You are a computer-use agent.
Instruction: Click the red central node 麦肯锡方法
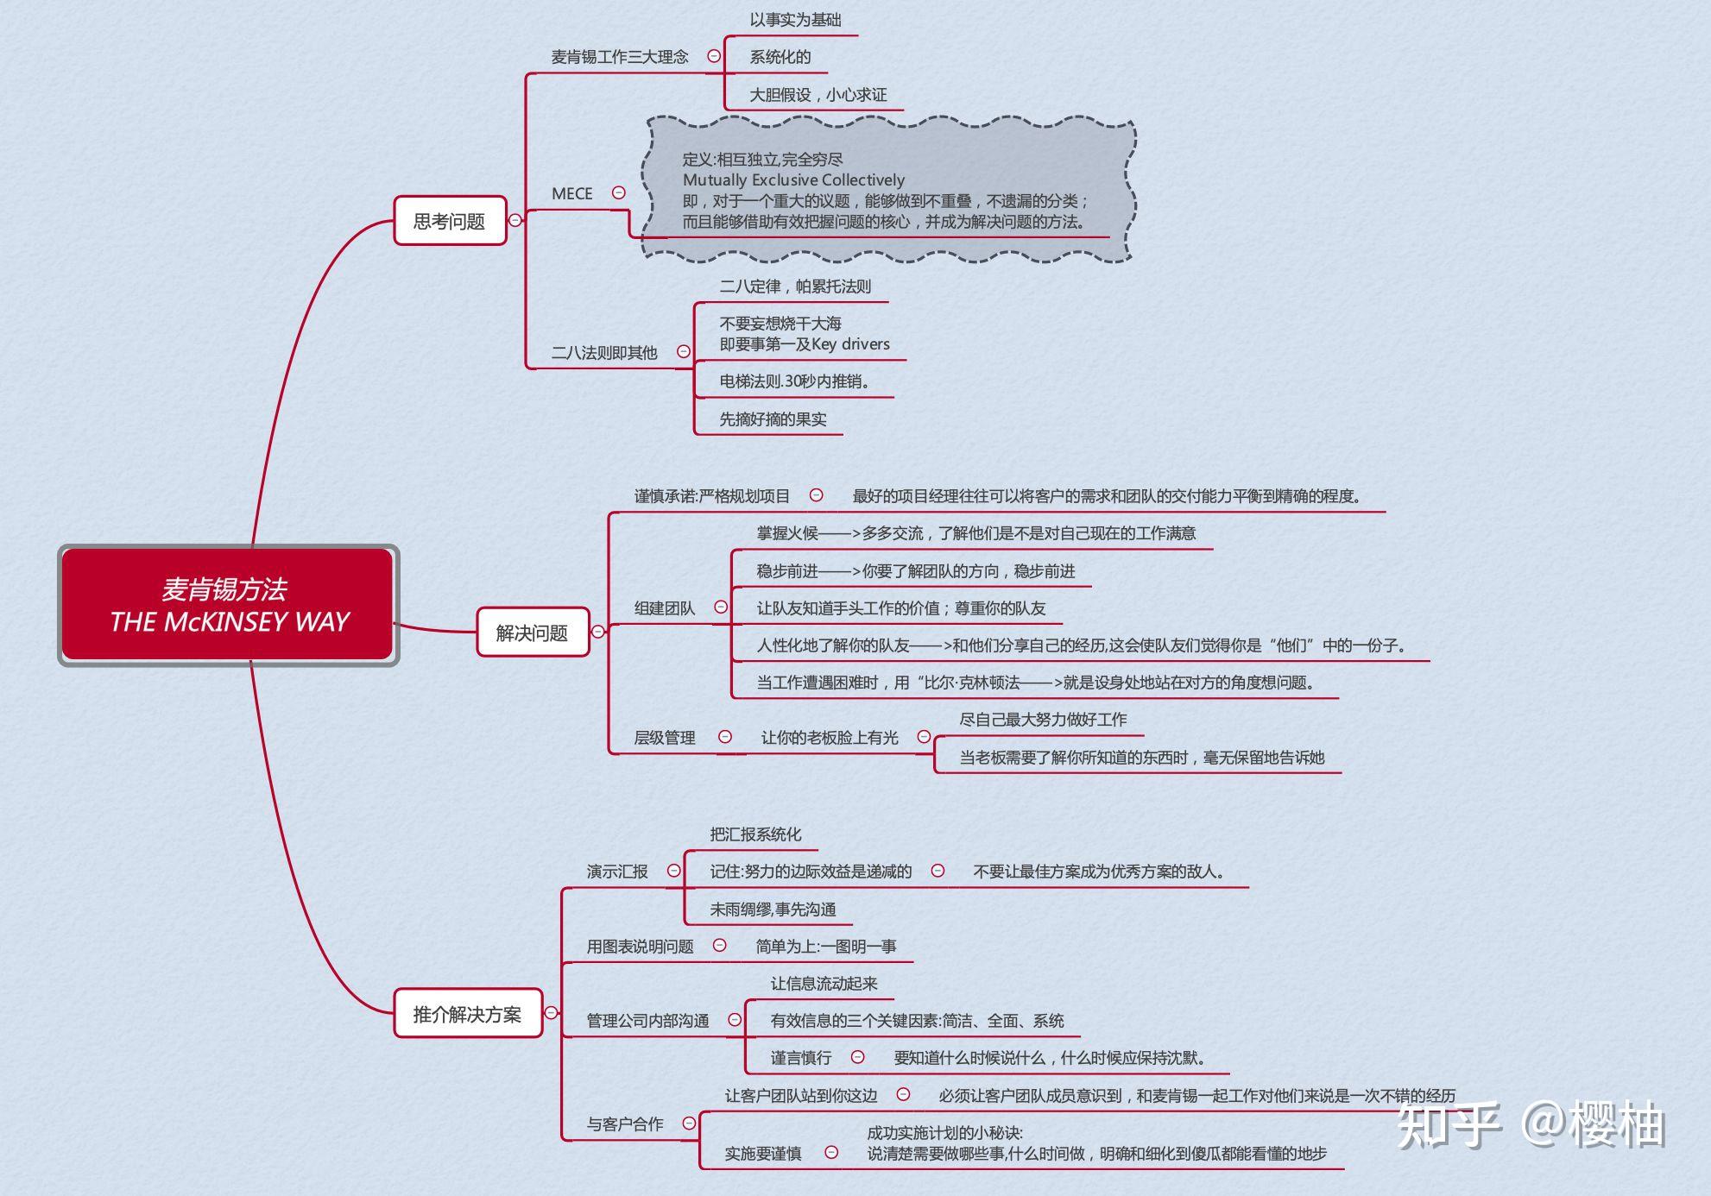[229, 605]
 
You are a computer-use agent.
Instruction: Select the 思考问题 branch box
[449, 221]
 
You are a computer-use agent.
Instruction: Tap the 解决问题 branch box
[532, 633]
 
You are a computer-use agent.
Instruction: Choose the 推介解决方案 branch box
[467, 1014]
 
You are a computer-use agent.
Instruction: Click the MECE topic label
[572, 193]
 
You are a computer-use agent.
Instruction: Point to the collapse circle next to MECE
[619, 193]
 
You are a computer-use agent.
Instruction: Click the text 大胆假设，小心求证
[818, 94]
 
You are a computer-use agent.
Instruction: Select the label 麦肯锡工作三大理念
[620, 57]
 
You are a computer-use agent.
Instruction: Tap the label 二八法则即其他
[604, 352]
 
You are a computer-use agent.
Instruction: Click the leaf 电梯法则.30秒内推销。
[794, 381]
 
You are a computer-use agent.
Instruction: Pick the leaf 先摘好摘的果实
[773, 419]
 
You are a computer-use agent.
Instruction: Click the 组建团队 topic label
[664, 607]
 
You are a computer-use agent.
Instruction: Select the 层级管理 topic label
[664, 737]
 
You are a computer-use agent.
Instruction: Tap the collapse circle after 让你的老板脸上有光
[924, 736]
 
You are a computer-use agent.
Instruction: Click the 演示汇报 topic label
[616, 871]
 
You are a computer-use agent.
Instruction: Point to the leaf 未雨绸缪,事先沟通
[773, 909]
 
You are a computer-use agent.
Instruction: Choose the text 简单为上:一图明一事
[825, 946]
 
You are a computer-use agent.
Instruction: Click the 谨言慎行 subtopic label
[800, 1057]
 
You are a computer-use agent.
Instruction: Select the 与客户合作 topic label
[625, 1124]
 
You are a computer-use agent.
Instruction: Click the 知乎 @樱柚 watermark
[1530, 1124]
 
